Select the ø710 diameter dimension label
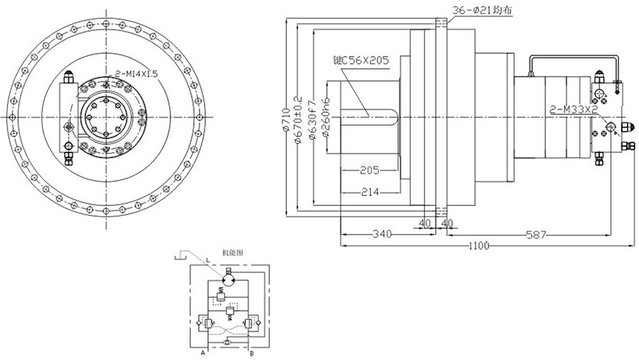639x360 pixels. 285,117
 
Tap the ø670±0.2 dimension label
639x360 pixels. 298,117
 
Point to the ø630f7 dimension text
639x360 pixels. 312,117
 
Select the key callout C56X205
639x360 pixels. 361,61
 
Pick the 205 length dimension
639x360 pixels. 368,170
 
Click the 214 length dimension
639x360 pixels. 369,192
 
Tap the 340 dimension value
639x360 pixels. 381,234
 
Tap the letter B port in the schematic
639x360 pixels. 253,351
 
